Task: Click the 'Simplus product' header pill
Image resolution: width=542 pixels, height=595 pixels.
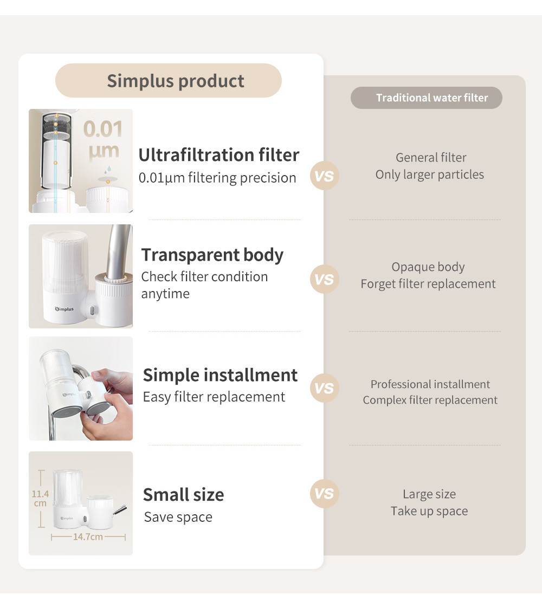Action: click(169, 81)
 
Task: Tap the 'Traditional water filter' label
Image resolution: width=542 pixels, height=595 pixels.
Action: click(427, 98)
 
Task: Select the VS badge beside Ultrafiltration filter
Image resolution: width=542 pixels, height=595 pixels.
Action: click(324, 176)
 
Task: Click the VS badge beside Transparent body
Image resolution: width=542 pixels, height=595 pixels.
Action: click(324, 280)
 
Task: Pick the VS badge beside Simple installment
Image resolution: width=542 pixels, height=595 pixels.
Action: click(324, 388)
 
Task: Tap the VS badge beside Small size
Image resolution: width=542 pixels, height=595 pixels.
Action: click(324, 494)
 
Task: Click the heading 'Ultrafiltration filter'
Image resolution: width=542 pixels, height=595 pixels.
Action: click(219, 155)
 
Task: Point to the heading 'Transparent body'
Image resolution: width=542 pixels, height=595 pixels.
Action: click(212, 255)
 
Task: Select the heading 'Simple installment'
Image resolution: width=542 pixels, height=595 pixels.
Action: click(220, 375)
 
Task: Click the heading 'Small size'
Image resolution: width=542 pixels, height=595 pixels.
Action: click(183, 494)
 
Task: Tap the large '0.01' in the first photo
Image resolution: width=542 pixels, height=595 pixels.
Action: click(103, 130)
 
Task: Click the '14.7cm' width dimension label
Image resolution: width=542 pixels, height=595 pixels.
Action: click(88, 537)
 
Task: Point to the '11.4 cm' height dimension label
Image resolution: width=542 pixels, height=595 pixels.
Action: click(40, 499)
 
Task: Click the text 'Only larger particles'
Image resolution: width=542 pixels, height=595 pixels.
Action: click(430, 174)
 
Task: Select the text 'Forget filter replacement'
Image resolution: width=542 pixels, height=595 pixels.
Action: click(428, 284)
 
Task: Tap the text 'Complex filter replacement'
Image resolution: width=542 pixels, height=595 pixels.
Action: click(430, 400)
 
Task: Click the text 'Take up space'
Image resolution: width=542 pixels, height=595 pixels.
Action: click(429, 511)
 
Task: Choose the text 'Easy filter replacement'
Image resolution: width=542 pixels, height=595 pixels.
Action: click(214, 397)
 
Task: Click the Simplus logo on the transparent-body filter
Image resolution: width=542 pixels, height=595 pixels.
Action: click(64, 309)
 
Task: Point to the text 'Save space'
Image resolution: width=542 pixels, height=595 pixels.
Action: click(178, 517)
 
